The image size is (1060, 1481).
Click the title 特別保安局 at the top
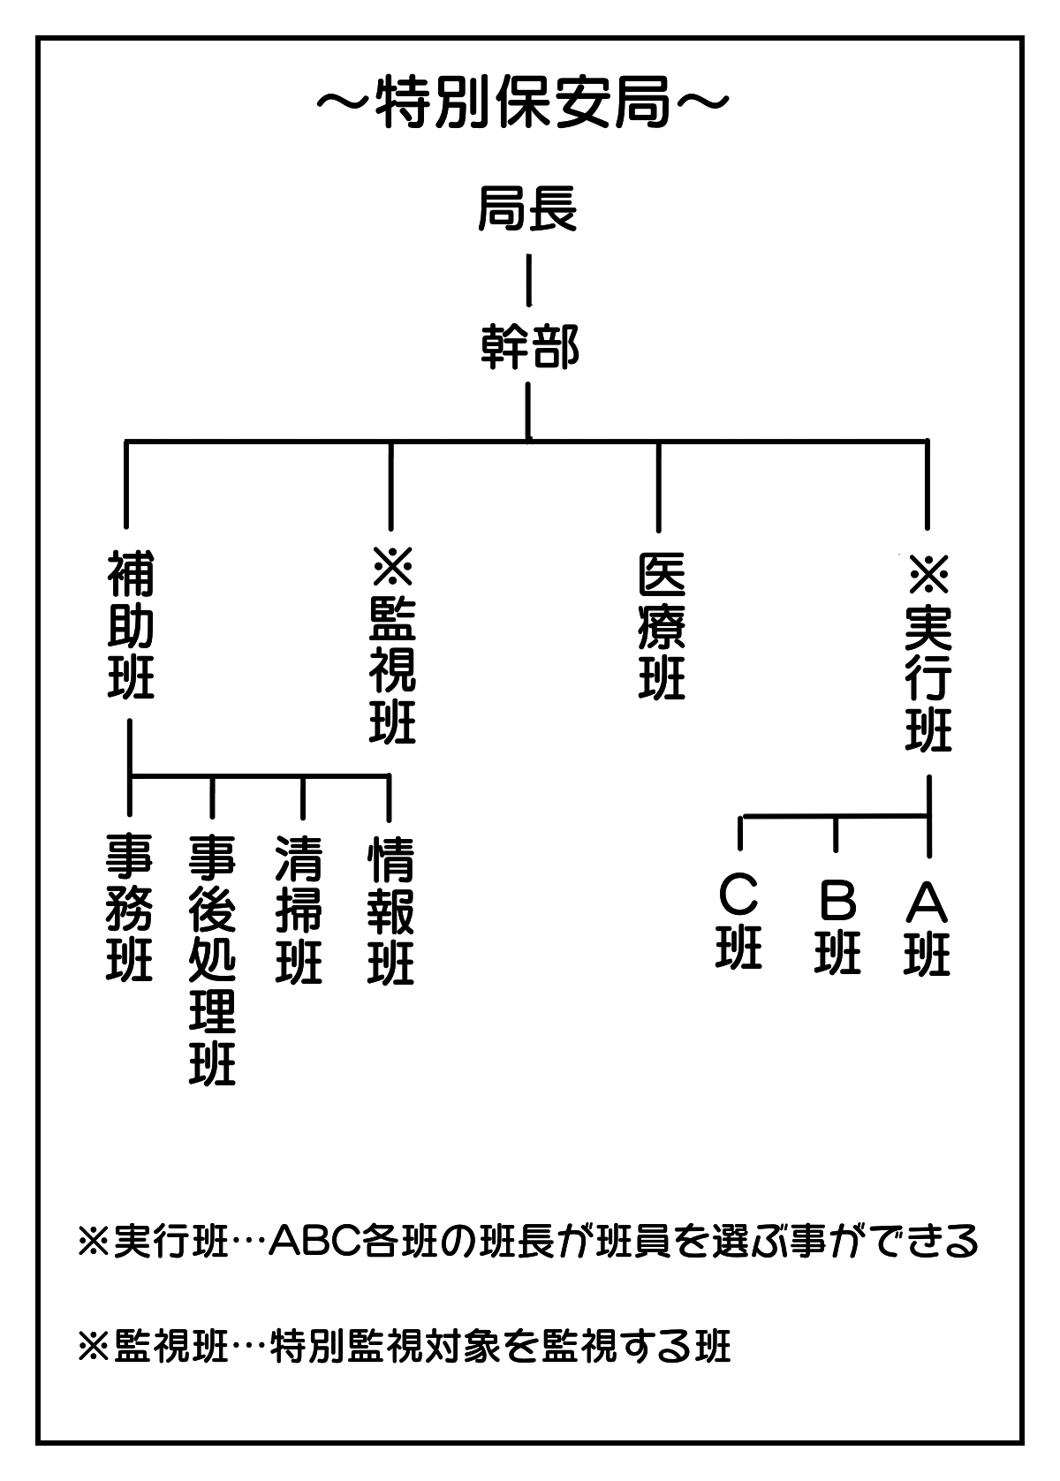pyautogui.click(x=523, y=103)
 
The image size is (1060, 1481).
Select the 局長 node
pyautogui.click(x=527, y=209)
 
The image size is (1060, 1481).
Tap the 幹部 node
pyautogui.click(x=529, y=346)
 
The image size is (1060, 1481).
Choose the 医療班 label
pyautogui.click(x=662, y=625)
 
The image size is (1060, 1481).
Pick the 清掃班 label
pyautogui.click(x=299, y=910)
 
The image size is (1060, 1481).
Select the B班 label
pyautogui.click(x=837, y=926)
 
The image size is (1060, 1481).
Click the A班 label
pyautogui.click(x=927, y=927)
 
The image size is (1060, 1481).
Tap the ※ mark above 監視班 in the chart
pyautogui.click(x=393, y=566)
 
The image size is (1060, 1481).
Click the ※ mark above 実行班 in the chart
pyautogui.click(x=928, y=573)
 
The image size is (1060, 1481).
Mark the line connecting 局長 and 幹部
pyautogui.click(x=529, y=280)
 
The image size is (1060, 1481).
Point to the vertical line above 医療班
pyautogui.click(x=659, y=487)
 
